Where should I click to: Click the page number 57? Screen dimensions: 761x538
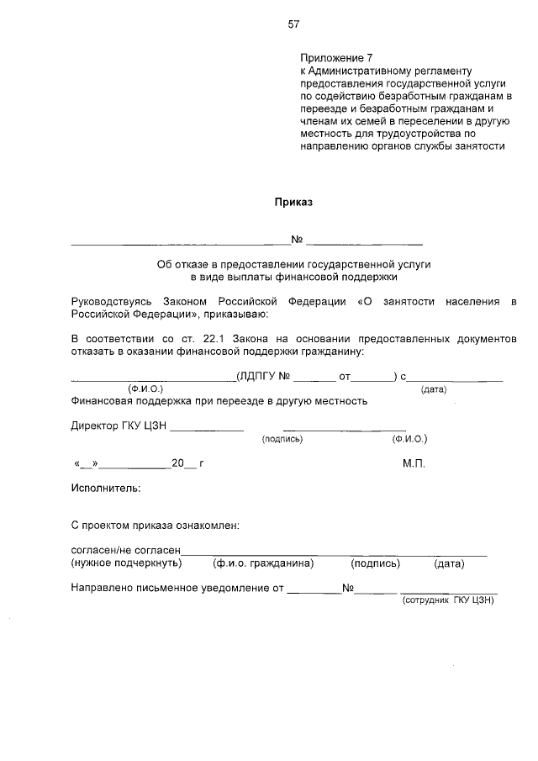(293, 24)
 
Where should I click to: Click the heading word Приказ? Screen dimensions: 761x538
(293, 202)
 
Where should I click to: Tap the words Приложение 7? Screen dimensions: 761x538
(335, 58)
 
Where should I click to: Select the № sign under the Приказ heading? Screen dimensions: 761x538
(297, 240)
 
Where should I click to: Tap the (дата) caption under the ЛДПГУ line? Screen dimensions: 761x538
(433, 388)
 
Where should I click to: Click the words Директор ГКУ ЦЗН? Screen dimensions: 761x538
(119, 425)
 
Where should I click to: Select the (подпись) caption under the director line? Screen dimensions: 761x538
(282, 439)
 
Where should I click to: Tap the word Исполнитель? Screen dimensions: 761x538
(106, 488)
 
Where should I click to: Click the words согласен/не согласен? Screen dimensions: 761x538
(126, 550)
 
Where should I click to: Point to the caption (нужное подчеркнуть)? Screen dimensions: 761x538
(126, 563)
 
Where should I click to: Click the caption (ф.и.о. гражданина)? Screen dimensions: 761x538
(263, 563)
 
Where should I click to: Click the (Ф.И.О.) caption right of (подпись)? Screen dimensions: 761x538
(409, 439)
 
